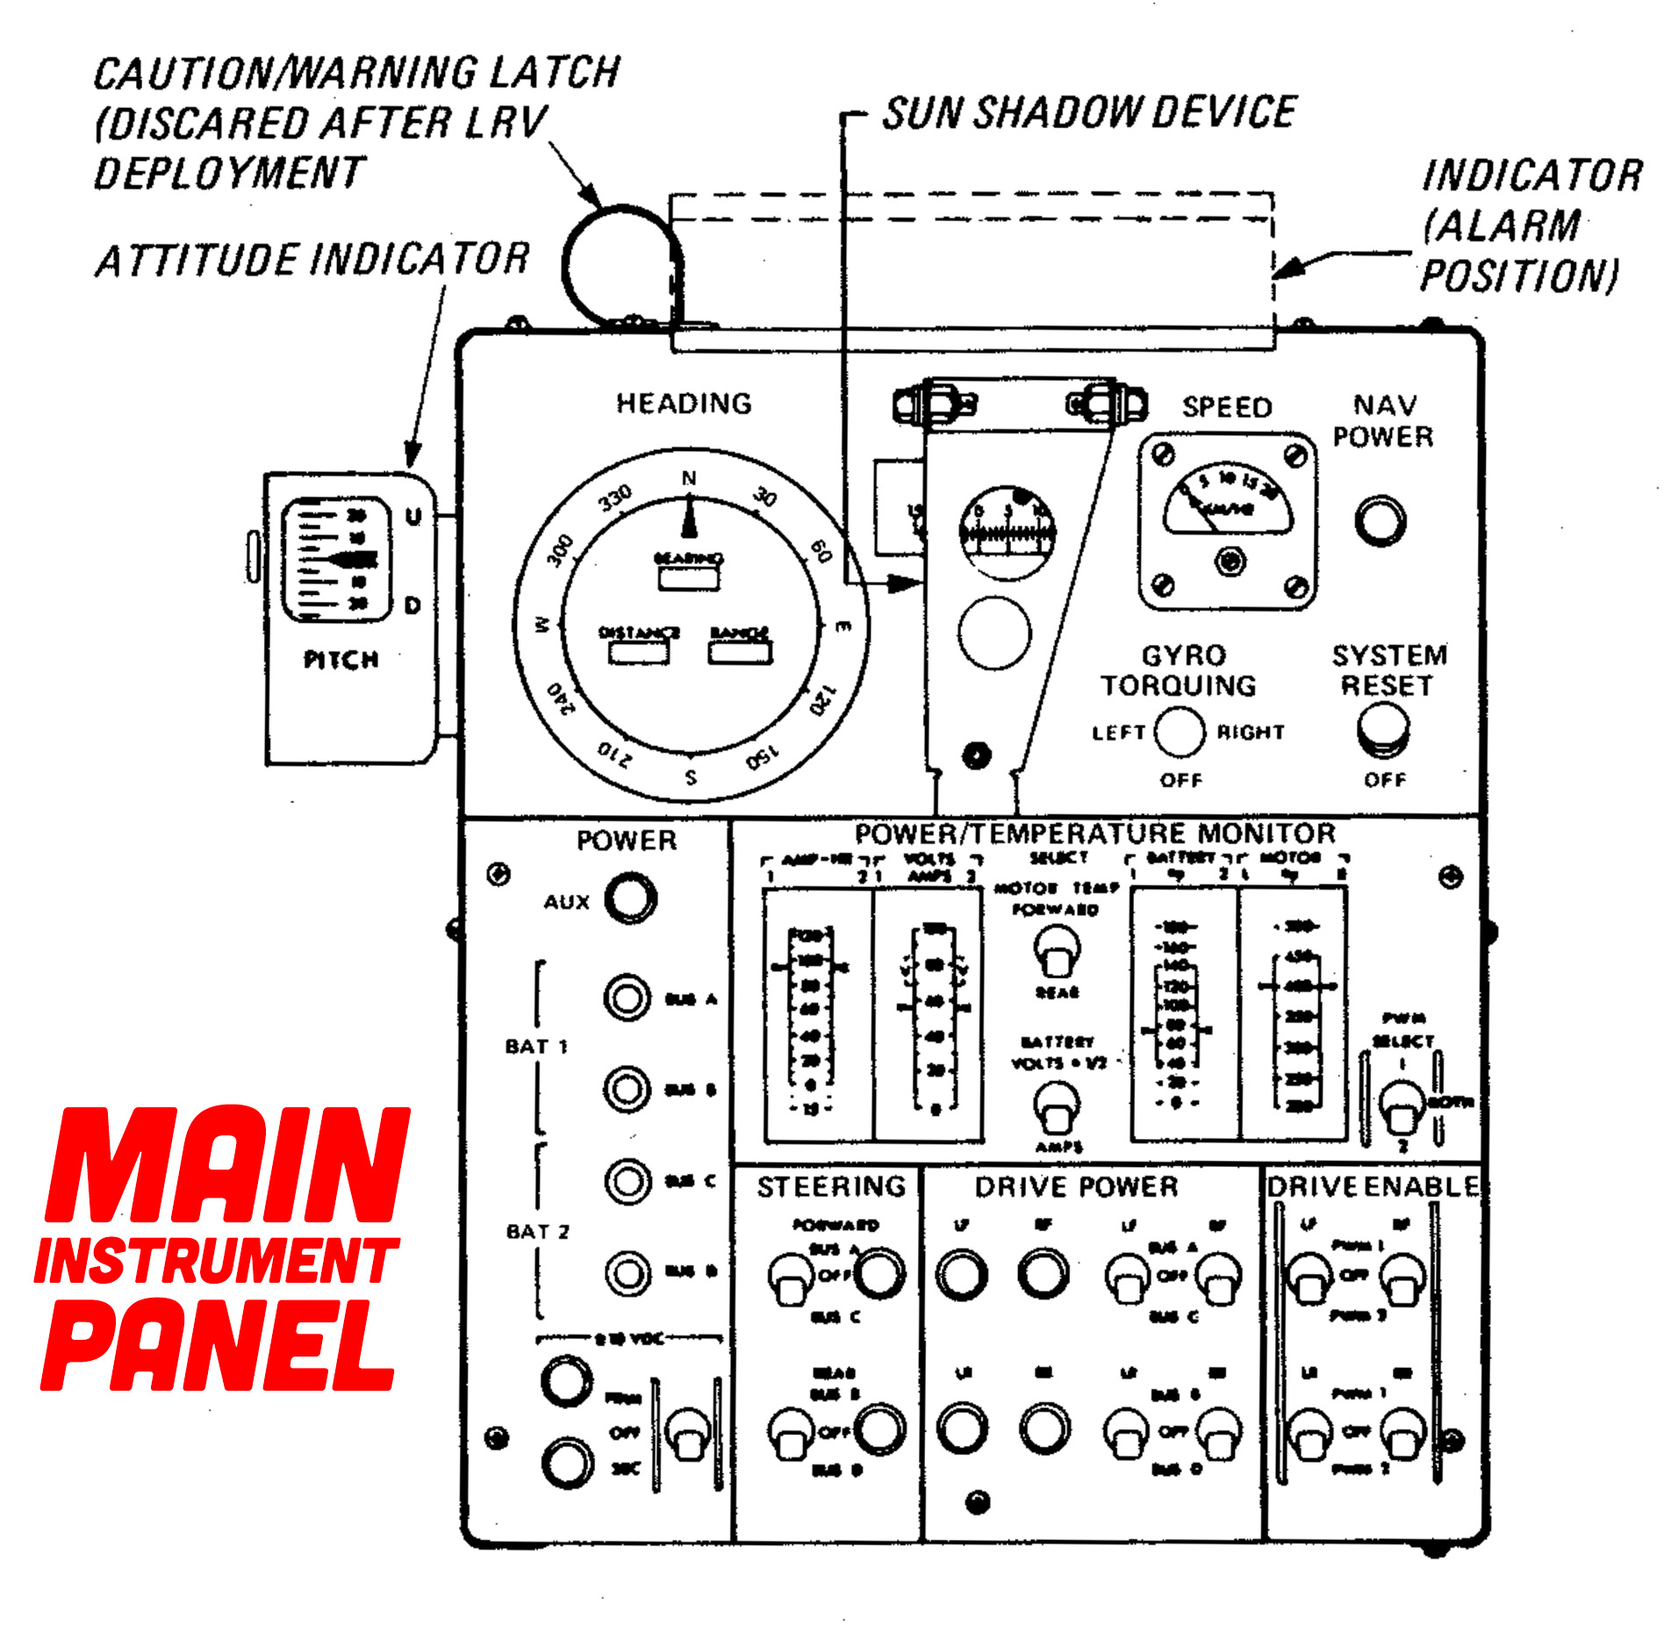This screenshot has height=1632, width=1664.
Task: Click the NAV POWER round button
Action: point(1380,520)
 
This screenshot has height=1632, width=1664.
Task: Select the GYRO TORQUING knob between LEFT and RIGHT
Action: point(1179,732)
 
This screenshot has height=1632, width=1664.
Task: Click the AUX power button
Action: point(630,898)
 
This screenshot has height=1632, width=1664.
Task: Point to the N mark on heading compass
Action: point(689,478)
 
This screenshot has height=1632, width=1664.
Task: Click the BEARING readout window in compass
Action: point(689,578)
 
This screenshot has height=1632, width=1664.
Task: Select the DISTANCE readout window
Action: point(639,652)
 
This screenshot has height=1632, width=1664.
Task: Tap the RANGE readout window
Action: point(740,652)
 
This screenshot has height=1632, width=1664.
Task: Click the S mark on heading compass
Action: point(691,777)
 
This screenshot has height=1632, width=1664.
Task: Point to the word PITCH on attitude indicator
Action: point(341,660)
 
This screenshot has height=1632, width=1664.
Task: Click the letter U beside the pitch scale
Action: point(412,517)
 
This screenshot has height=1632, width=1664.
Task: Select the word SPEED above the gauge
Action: point(1226,407)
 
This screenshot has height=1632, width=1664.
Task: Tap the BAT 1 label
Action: point(535,1046)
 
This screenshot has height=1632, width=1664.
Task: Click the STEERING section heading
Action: point(831,1186)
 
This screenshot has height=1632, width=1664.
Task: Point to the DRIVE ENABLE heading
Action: point(1372,1186)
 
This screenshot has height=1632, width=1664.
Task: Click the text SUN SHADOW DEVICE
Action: point(1088,113)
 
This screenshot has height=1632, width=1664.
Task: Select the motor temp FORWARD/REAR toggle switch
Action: point(1057,952)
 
